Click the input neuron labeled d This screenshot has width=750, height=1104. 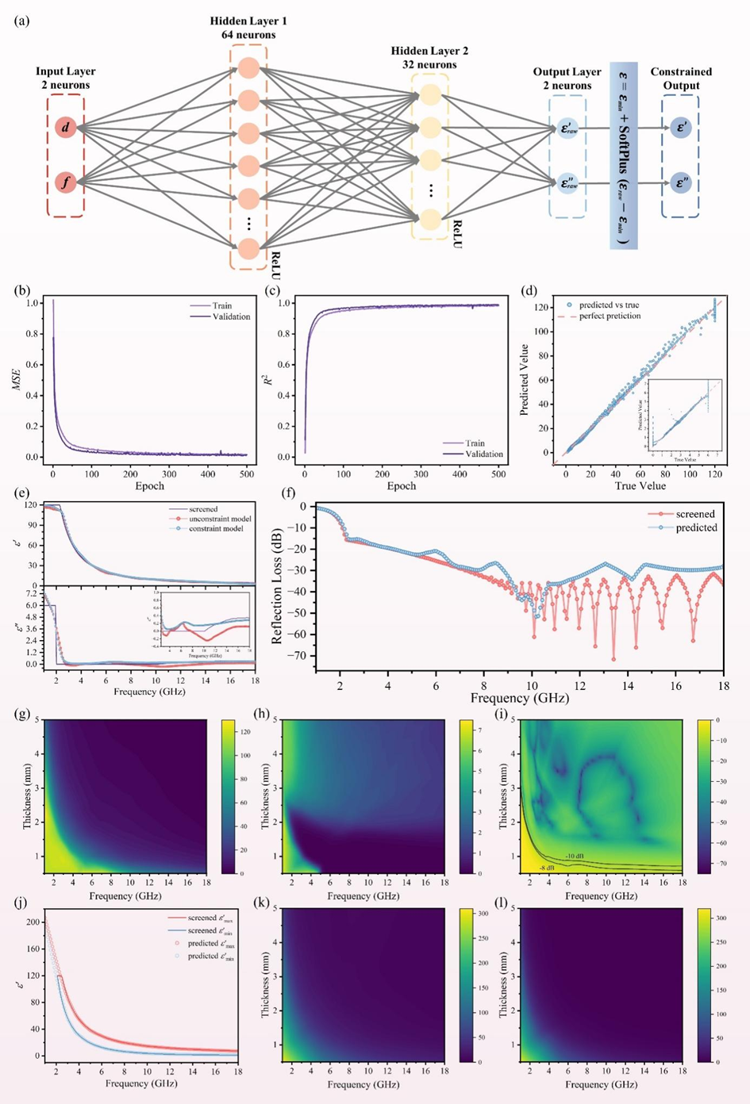click(66, 127)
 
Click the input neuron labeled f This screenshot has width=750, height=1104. click(66, 183)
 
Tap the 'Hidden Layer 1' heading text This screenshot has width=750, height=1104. click(248, 21)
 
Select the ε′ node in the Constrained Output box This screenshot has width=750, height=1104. click(680, 127)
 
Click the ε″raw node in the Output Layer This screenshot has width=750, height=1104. click(567, 183)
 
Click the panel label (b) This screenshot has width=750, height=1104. click(22, 290)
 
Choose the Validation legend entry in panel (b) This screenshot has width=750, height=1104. click(230, 316)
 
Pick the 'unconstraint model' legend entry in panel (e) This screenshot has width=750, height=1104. click(220, 519)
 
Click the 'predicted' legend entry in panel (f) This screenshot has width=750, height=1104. click(696, 527)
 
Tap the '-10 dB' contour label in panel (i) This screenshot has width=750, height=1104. click(575, 856)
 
